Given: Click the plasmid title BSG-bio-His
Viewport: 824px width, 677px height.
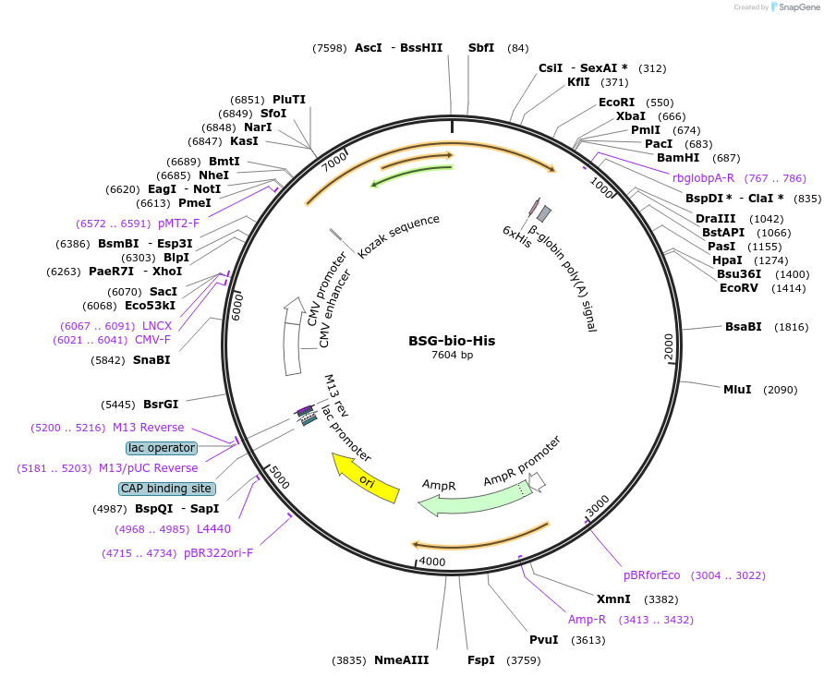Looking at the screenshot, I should tap(452, 340).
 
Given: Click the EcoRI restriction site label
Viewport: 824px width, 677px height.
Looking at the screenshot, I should tap(616, 103).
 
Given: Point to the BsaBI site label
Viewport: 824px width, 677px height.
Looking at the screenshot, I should tap(743, 326).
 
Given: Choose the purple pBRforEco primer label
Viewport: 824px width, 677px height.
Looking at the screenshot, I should tap(651, 574).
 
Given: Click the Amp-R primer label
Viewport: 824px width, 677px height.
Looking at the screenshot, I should tap(587, 619).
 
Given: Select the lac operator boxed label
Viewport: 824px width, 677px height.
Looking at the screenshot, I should tap(162, 448).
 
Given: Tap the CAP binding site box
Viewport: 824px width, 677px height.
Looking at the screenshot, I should tap(166, 489).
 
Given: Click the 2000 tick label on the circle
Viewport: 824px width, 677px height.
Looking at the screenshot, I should tap(669, 347).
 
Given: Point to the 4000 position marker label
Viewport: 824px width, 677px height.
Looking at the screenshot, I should tap(432, 562).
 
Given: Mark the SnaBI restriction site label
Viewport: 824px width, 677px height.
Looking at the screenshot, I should tap(151, 359).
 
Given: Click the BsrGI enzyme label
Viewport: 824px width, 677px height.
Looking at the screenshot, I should tap(161, 404).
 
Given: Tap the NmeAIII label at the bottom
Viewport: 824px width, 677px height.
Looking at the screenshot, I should tap(401, 659).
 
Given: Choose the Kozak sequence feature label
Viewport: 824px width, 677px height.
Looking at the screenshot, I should tap(398, 236).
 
